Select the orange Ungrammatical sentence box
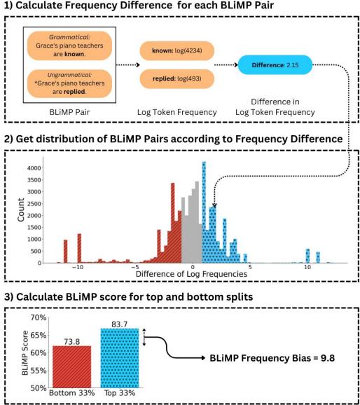[60, 82]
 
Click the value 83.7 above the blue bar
[117, 321]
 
